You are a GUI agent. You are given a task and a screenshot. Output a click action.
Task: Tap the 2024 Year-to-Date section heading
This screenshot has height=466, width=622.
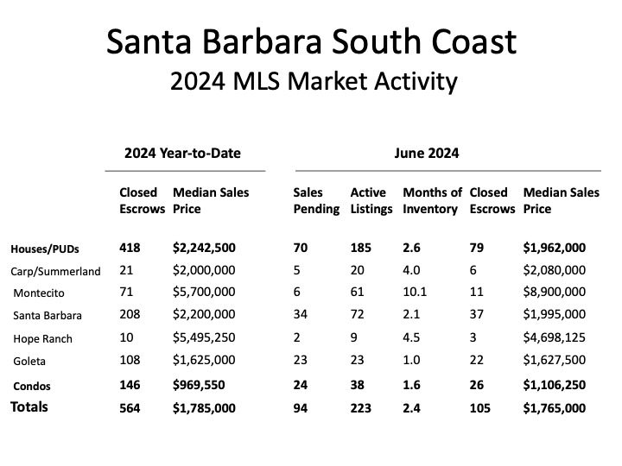coord(182,154)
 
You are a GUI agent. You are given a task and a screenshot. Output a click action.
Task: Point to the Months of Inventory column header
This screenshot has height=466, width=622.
coord(432,200)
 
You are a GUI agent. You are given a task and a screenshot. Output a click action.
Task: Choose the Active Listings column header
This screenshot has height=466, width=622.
coord(371,200)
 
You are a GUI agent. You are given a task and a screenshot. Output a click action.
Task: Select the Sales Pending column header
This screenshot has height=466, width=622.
coord(316,200)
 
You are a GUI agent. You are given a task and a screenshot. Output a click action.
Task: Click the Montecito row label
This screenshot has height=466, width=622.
coord(41,293)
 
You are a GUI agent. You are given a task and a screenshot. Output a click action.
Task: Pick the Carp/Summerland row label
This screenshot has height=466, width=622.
coord(55,271)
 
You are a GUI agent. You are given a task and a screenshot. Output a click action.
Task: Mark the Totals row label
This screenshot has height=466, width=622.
coord(29,406)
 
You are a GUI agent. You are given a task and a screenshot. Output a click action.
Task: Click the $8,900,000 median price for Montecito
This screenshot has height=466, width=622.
coord(555,293)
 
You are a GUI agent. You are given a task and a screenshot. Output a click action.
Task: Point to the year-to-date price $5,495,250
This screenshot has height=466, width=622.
coord(204,337)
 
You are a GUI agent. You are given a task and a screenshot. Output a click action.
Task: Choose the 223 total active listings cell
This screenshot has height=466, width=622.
coord(361,407)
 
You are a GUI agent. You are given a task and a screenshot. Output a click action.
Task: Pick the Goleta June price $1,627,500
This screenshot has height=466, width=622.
coord(555,361)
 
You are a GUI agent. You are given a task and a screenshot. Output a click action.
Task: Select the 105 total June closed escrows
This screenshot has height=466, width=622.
coord(481,407)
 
